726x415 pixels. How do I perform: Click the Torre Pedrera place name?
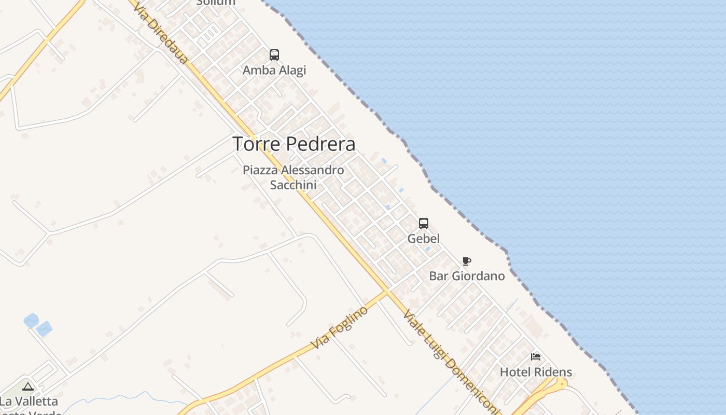point(294,144)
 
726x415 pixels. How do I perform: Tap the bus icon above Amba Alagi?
point(274,54)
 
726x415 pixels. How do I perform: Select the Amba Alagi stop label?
point(274,70)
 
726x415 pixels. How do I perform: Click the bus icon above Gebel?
point(424,224)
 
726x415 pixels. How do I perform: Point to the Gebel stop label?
point(424,239)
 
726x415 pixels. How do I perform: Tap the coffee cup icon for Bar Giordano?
point(466,261)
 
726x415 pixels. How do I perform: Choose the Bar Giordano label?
point(467,276)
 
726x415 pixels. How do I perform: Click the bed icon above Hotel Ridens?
point(536,357)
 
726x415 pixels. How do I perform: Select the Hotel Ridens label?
point(536,372)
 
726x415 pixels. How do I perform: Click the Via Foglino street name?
point(340,327)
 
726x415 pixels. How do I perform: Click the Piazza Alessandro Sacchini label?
point(294,177)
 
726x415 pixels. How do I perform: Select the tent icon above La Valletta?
point(28,386)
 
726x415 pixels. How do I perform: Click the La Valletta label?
point(29,401)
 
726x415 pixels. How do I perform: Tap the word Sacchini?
point(294,185)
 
